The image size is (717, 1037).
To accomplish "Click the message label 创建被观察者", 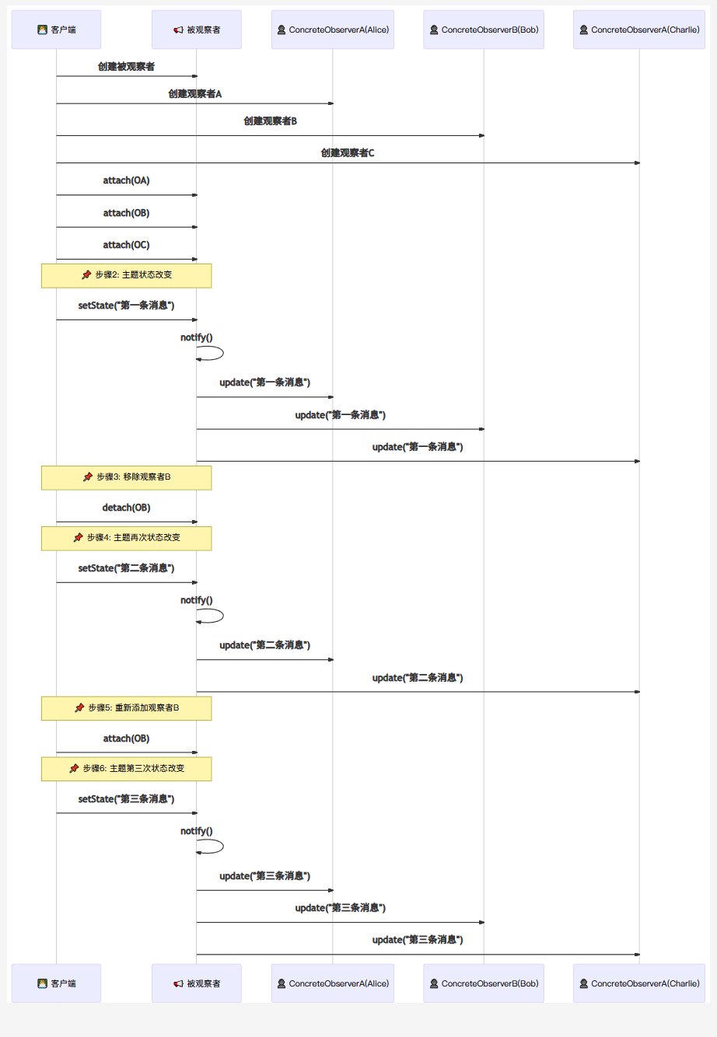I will (126, 67).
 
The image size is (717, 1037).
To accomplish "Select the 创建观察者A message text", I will (194, 94).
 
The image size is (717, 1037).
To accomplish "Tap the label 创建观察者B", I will (270, 121).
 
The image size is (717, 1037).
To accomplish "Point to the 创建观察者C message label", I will (348, 153).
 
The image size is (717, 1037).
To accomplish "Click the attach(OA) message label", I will (126, 180).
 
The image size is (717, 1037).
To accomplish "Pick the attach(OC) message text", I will (126, 245).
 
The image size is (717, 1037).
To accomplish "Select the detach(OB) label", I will (126, 508).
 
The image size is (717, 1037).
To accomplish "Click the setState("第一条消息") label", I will (126, 306).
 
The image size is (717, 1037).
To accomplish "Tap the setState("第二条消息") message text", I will (126, 568).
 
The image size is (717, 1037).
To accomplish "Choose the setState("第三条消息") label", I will (126, 799).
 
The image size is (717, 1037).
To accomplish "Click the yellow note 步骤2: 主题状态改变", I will (126, 275).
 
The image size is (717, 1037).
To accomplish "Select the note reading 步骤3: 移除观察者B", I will (126, 477).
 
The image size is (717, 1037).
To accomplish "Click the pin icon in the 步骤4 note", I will (78, 537).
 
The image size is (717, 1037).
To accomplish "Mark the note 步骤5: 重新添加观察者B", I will (126, 708).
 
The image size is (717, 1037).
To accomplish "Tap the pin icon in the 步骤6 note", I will (74, 768).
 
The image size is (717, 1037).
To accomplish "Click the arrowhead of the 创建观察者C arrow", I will (637, 163).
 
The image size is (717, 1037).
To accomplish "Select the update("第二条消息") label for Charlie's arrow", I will (418, 678).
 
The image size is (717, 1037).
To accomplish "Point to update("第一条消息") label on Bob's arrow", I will (340, 415).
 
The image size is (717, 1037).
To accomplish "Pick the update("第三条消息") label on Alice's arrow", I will (264, 876).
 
